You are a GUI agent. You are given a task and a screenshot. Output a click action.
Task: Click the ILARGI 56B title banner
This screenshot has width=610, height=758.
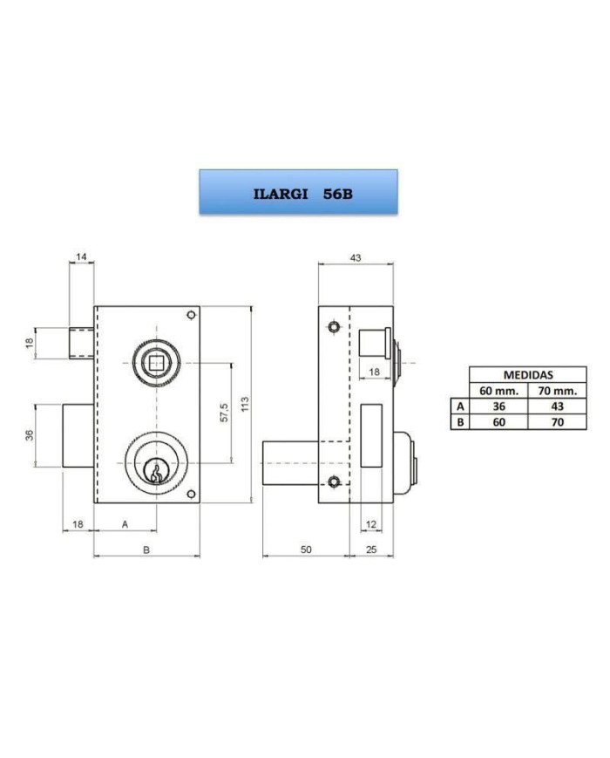click(x=299, y=191)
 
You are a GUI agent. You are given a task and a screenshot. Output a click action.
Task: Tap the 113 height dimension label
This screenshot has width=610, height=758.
click(x=246, y=404)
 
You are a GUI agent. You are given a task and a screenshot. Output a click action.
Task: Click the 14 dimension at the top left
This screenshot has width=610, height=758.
click(x=81, y=256)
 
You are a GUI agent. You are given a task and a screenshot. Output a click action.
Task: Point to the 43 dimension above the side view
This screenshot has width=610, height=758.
click(x=356, y=257)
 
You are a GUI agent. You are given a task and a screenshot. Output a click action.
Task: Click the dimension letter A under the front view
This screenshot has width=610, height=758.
click(x=125, y=524)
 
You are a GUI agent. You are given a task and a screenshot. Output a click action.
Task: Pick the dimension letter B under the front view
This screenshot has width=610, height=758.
click(x=146, y=550)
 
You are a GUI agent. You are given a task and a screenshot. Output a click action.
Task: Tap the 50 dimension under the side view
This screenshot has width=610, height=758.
click(x=306, y=550)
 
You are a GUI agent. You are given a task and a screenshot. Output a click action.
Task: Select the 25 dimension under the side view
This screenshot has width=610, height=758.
click(x=371, y=550)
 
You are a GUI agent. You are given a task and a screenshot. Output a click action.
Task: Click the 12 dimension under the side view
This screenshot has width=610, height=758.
click(x=371, y=524)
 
